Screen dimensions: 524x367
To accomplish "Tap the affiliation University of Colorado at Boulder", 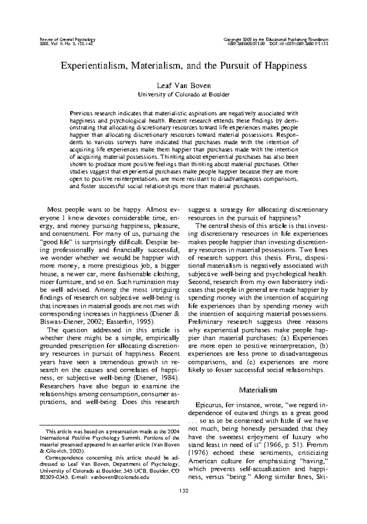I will [183, 94].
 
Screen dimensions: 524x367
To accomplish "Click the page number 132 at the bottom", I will [183, 491].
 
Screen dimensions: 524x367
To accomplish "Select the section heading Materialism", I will [258, 390].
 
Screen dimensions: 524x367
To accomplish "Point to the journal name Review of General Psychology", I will [68, 40].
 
